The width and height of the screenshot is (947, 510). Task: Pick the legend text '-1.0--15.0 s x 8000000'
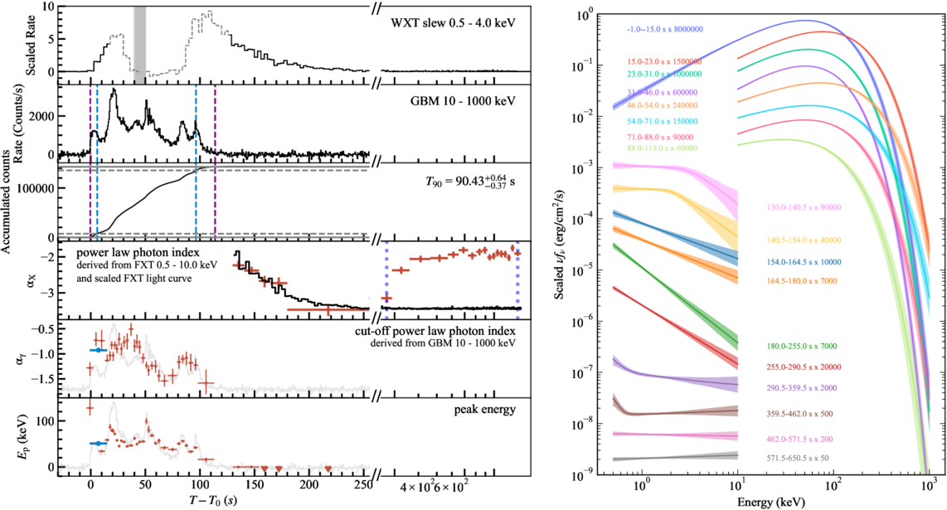664,30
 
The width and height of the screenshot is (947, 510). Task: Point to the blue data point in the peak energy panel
99,444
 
